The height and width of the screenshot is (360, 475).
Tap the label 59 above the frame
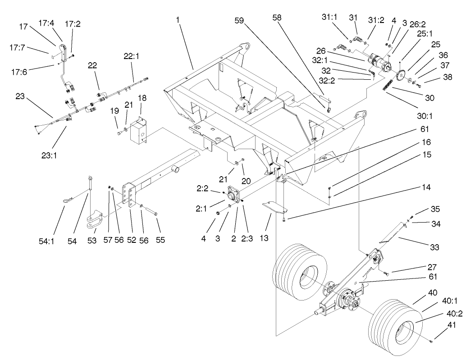239,20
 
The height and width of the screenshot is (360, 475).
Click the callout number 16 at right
427,141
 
